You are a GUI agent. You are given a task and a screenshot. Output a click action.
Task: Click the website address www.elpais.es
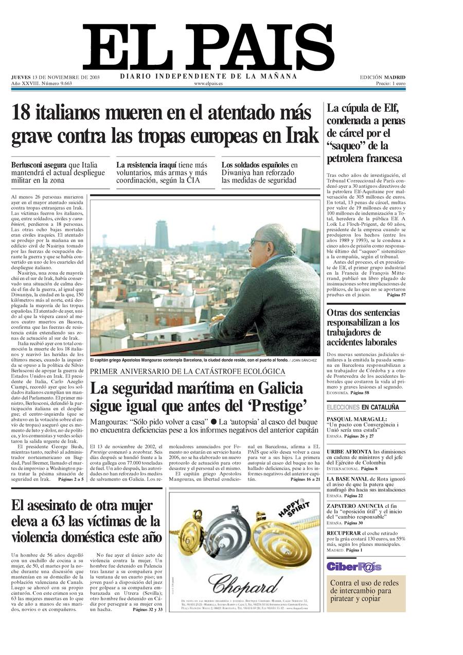pyautogui.click(x=208, y=83)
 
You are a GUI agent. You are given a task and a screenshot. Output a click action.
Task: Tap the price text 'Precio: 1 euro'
pyautogui.click(x=390, y=83)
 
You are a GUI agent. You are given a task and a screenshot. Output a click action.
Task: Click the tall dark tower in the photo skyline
pyautogui.click(x=162, y=235)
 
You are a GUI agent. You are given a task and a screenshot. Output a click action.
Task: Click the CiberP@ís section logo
pyautogui.click(x=354, y=567)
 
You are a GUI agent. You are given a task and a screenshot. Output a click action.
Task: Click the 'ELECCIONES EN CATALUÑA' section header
pyautogui.click(x=363, y=407)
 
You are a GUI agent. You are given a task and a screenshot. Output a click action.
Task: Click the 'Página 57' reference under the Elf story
pyautogui.click(x=396, y=295)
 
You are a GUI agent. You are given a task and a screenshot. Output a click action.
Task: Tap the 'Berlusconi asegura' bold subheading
pyautogui.click(x=39, y=165)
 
